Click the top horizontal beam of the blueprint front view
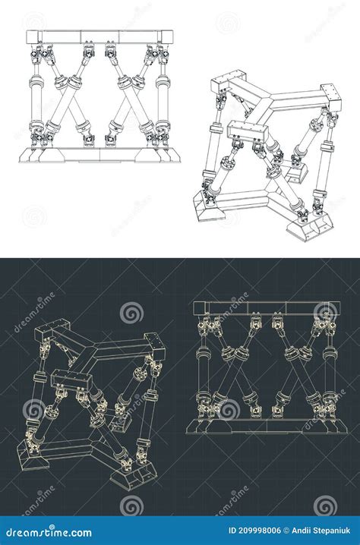click(x=264, y=308)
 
